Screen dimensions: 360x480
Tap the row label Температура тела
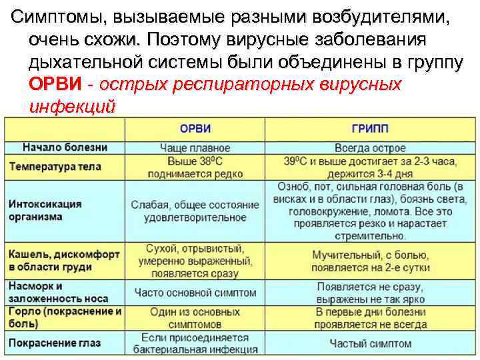(61, 163)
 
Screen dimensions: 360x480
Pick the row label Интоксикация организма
(46, 209)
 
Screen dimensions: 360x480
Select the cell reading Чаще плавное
(195, 148)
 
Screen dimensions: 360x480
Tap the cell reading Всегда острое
(370, 148)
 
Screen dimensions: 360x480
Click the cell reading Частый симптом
(371, 343)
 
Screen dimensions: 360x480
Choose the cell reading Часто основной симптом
(195, 292)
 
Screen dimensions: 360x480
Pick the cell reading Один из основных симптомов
(195, 317)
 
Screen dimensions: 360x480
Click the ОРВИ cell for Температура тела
(195, 167)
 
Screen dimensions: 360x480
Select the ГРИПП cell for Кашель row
(371, 261)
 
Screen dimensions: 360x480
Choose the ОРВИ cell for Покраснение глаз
(195, 343)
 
